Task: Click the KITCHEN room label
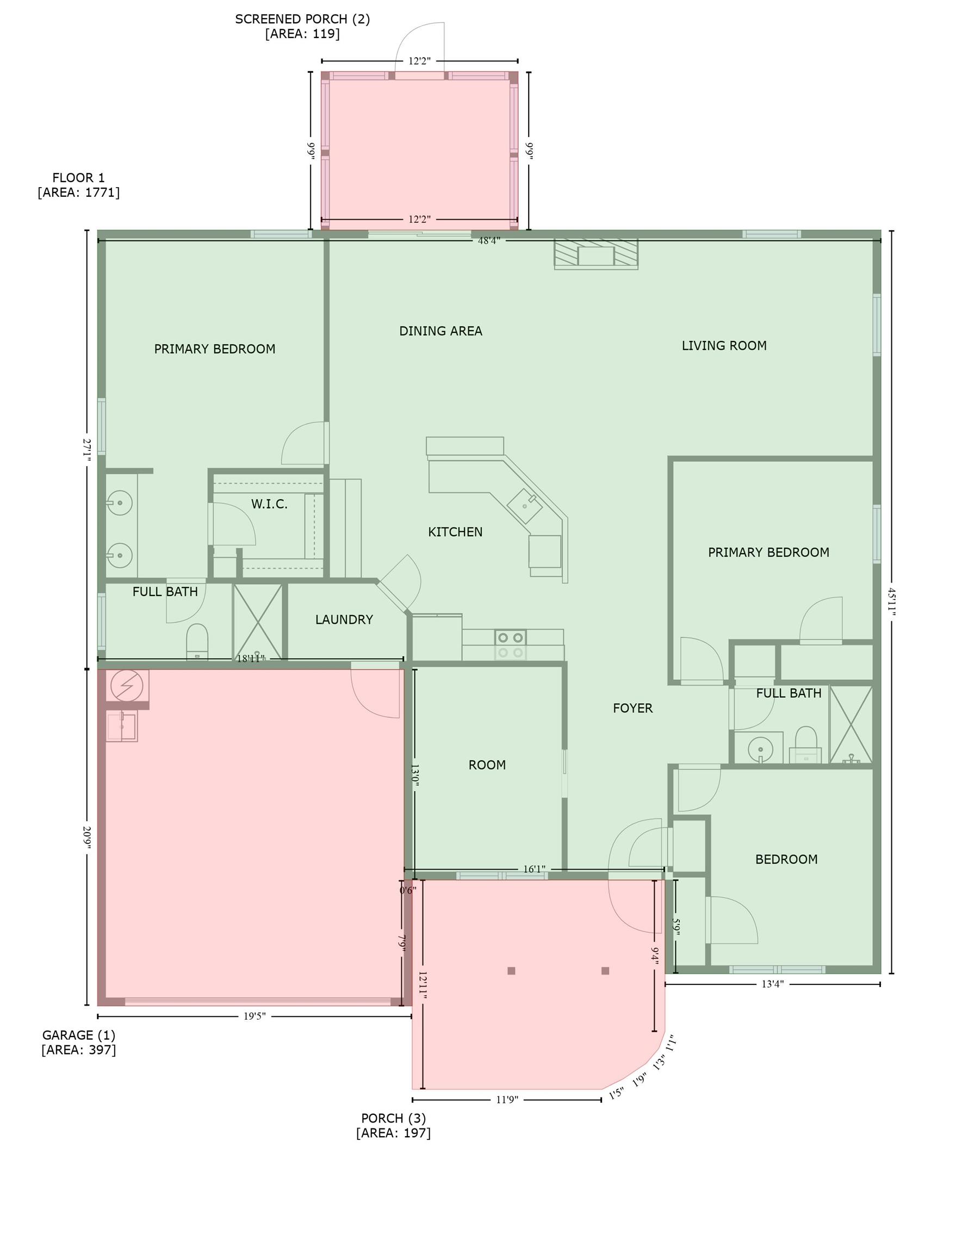[455, 532]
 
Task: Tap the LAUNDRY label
[344, 619]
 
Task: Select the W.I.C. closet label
[269, 504]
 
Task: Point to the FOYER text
[632, 709]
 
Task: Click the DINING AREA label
[440, 331]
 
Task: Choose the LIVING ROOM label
[724, 346]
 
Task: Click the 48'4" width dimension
[488, 241]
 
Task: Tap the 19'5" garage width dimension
[254, 1016]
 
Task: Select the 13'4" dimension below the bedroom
[772, 984]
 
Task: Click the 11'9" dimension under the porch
[506, 1100]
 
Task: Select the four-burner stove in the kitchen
[510, 646]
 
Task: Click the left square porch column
[511, 971]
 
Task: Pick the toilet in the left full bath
[197, 641]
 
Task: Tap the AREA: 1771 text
[78, 193]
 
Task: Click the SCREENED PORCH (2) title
[302, 20]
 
